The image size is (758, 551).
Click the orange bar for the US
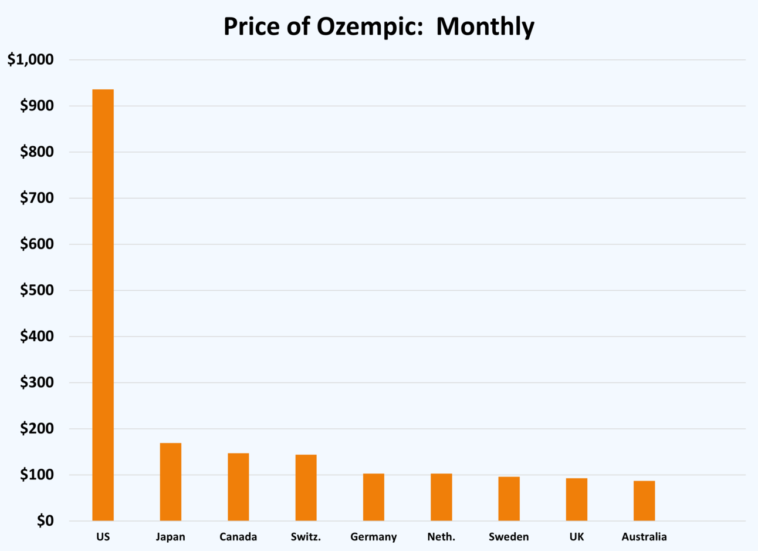103,305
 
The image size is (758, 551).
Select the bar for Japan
171,482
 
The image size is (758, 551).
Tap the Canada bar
238,487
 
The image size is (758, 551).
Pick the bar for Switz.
306,488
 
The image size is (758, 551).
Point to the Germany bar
374,497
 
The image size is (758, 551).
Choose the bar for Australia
644,500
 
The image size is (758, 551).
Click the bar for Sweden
509,499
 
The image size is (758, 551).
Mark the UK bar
577,499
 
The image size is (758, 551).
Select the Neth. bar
441,497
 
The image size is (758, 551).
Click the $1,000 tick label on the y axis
31,59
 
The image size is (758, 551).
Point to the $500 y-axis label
36,290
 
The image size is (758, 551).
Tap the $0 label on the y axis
45,520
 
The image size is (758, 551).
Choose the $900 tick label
36,106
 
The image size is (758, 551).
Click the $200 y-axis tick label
36,429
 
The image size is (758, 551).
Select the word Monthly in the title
485,26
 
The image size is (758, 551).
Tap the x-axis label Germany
374,537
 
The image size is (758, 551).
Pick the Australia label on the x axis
644,537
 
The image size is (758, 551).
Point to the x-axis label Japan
171,537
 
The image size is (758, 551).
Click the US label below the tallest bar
103,537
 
